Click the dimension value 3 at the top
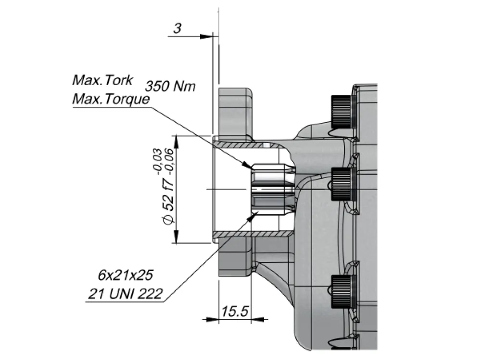click(x=177, y=28)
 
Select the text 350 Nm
click(x=170, y=86)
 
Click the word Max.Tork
click(x=102, y=80)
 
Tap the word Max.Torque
click(x=111, y=99)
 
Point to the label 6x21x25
click(x=125, y=275)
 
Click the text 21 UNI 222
click(x=125, y=294)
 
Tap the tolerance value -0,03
click(x=157, y=161)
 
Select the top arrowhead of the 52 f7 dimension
click(x=176, y=141)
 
